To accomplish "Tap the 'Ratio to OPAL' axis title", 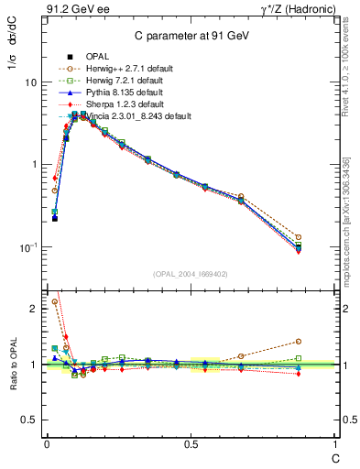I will (12, 365).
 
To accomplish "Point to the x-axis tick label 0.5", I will (190, 444).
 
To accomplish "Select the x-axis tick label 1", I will (334, 444).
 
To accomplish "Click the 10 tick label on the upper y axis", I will (28, 82).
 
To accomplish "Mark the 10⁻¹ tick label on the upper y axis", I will (26, 246).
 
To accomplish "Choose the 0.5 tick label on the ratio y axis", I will (27, 420).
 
